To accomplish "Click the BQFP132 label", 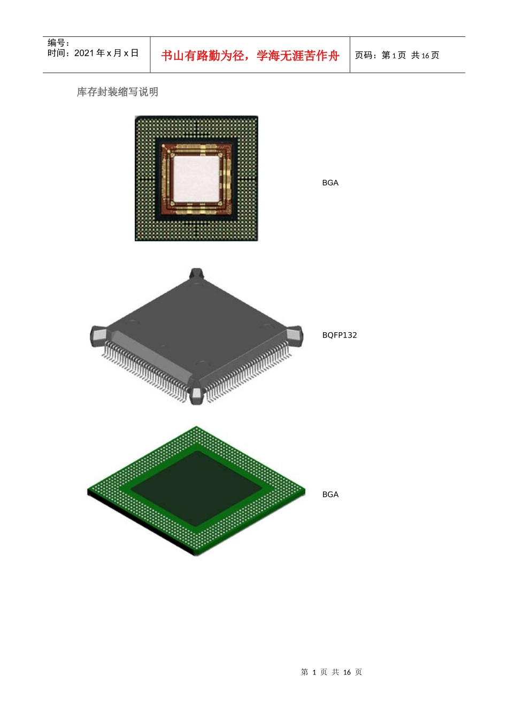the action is click(x=339, y=335).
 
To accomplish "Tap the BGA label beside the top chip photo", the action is click(x=330, y=182).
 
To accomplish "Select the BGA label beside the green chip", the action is click(x=330, y=494).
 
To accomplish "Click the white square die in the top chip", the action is click(x=196, y=179).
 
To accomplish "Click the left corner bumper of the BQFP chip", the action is click(x=98, y=336).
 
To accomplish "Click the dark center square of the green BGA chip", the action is click(x=196, y=488).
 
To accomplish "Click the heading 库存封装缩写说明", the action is click(x=118, y=92).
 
